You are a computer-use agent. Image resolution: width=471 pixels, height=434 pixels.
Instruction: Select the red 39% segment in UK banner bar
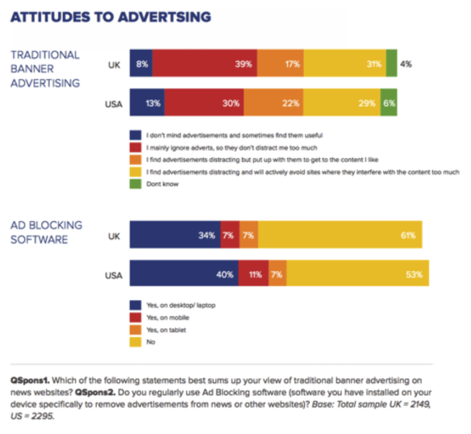click(205, 63)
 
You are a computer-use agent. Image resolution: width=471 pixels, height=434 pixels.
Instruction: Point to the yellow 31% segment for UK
click(344, 63)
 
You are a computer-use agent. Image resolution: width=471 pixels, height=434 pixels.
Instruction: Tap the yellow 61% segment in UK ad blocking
click(340, 236)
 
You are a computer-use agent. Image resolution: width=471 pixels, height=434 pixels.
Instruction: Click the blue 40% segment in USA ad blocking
click(184, 274)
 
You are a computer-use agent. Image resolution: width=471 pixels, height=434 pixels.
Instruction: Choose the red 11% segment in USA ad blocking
click(253, 274)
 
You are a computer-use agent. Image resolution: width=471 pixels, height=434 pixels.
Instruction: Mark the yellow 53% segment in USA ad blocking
click(357, 274)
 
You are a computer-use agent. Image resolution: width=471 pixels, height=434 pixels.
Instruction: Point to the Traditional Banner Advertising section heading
click(45, 69)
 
